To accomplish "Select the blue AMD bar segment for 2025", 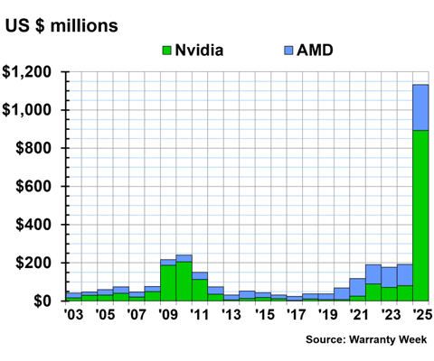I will (x=420, y=107).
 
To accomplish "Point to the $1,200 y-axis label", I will (x=31, y=72).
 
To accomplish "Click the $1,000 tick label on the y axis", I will (x=31, y=110).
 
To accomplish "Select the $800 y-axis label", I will (x=37, y=148).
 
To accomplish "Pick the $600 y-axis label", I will (x=37, y=187).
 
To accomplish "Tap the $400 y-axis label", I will (x=37, y=225).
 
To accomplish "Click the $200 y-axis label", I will (x=37, y=263).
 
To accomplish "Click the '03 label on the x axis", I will (x=73, y=315).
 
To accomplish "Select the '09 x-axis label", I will (x=168, y=315).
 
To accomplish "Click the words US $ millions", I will (x=61, y=25).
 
